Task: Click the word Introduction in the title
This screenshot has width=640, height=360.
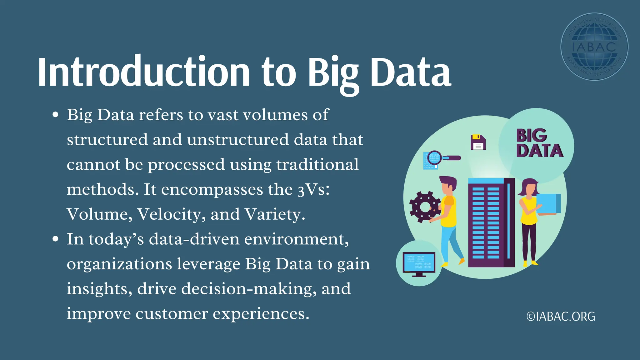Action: (x=144, y=72)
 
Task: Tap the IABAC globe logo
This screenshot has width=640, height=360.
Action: (x=594, y=47)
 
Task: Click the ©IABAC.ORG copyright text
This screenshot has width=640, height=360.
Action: (x=561, y=317)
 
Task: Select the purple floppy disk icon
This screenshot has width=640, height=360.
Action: (x=478, y=142)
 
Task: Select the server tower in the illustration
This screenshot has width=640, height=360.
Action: (x=491, y=222)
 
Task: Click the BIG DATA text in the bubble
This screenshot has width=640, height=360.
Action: (x=539, y=143)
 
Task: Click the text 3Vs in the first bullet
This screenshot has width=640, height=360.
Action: (x=313, y=190)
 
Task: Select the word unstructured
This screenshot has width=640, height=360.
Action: (x=238, y=140)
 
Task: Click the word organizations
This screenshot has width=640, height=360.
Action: (x=119, y=264)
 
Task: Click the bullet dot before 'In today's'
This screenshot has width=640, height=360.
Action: (x=56, y=239)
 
